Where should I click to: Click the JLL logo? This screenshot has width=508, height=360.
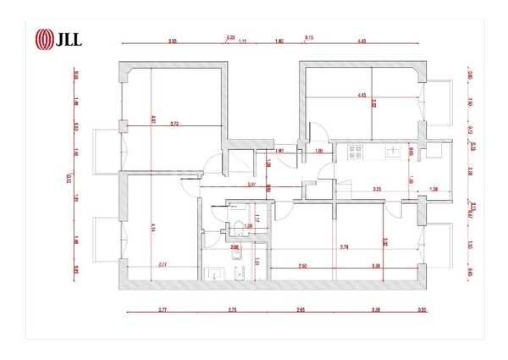[x=56, y=39]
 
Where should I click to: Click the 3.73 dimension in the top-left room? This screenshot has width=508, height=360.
[x=174, y=124]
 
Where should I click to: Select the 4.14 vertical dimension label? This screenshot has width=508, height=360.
[x=153, y=226]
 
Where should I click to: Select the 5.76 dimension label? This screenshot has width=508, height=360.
[x=344, y=246]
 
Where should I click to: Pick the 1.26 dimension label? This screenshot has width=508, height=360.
[x=434, y=190]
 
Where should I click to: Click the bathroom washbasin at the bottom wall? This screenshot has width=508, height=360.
[x=213, y=274]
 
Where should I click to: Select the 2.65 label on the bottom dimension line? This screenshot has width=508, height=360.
[x=301, y=312]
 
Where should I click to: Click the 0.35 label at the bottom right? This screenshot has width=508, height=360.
[x=422, y=312]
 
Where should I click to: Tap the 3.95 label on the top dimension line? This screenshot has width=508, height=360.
[x=173, y=40]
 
